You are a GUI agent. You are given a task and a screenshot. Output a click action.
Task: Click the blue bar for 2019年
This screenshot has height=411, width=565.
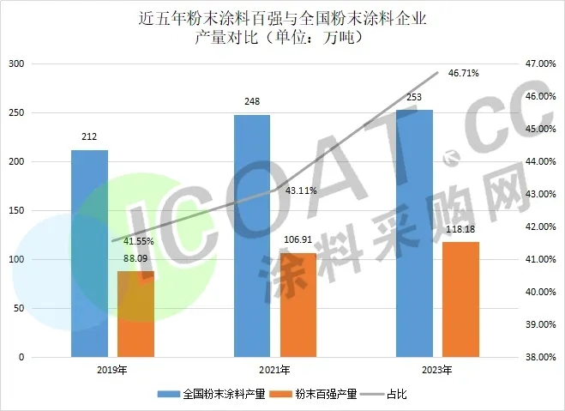pyautogui.click(x=89, y=253)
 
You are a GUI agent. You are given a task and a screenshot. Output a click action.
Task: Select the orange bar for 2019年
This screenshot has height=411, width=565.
pyautogui.click(x=135, y=313)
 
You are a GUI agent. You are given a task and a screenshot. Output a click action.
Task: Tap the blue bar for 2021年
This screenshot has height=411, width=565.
pyautogui.click(x=251, y=235)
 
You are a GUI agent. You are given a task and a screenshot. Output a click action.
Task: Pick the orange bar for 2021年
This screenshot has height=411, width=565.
pyautogui.click(x=298, y=304)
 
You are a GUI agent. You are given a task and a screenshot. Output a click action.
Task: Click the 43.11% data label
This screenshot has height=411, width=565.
pyautogui.click(x=298, y=190)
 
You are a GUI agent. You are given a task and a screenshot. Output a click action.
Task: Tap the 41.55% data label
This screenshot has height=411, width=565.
pyautogui.click(x=138, y=243)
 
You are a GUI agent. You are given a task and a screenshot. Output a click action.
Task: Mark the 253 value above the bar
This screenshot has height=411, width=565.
pyautogui.click(x=414, y=99)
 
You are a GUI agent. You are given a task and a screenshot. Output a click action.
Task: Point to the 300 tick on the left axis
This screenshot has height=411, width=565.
pyautogui.click(x=16, y=64)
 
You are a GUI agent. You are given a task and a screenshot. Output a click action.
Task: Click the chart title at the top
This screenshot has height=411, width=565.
pyautogui.click(x=281, y=27)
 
